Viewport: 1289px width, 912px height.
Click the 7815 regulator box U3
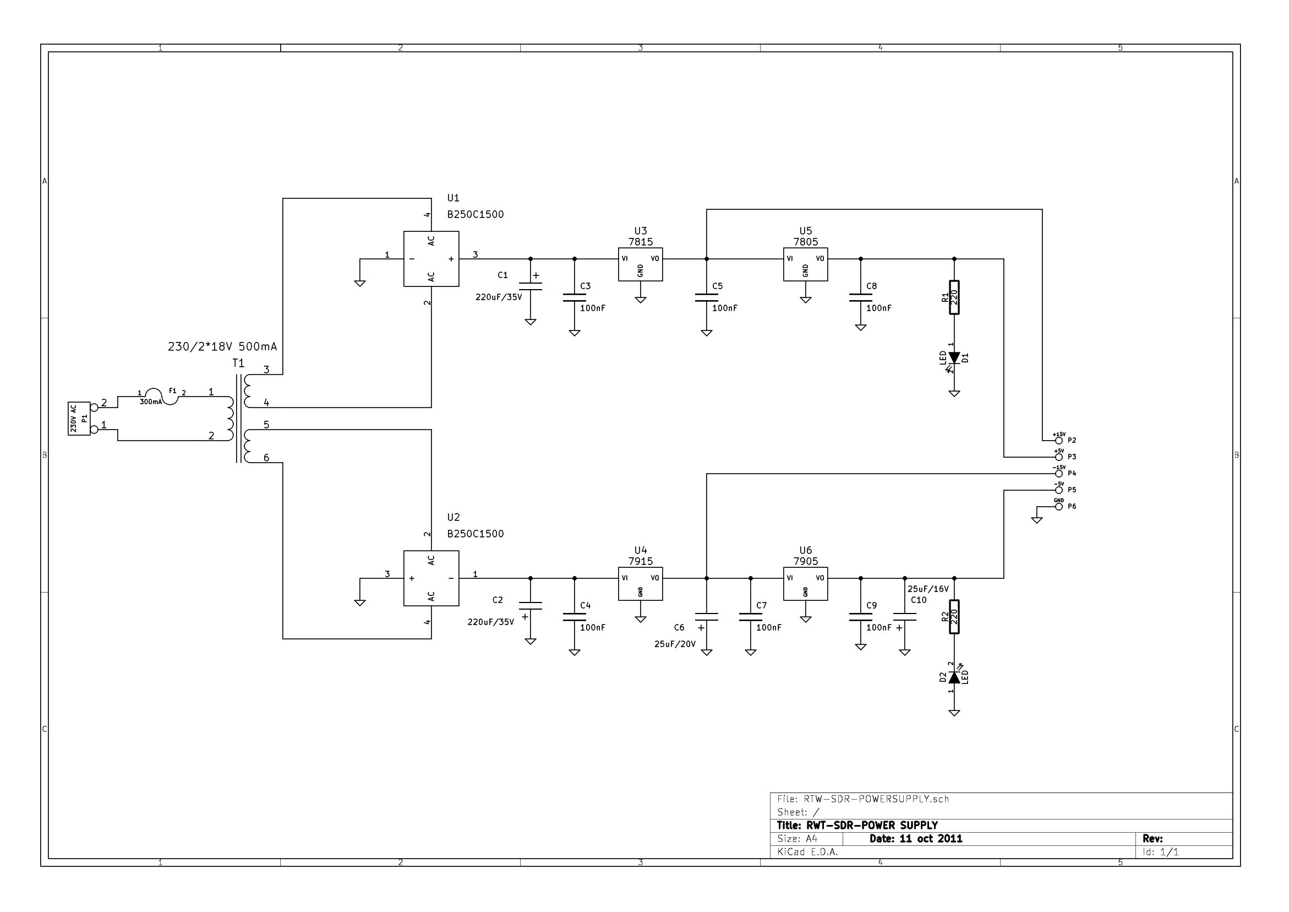tap(640, 264)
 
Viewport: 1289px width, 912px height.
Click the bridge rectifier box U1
tap(431, 259)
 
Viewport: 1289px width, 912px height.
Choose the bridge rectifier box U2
tap(431, 578)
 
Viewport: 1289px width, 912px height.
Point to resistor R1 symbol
tap(954, 297)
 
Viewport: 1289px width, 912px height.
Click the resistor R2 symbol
tap(954, 616)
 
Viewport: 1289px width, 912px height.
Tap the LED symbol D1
tap(954, 358)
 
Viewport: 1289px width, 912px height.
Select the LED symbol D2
tap(954, 678)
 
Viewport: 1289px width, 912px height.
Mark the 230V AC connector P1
tap(79, 418)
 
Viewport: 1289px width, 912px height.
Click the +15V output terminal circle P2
tap(1059, 441)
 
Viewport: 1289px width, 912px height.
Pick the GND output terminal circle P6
tap(1059, 506)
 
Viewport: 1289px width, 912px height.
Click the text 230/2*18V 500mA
tap(222, 347)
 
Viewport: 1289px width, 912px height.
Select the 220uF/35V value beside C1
tap(499, 297)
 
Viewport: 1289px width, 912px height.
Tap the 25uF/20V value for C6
tap(675, 644)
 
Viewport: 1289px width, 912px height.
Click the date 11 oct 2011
tap(916, 839)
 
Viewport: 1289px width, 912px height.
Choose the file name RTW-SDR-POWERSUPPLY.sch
tap(876, 799)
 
